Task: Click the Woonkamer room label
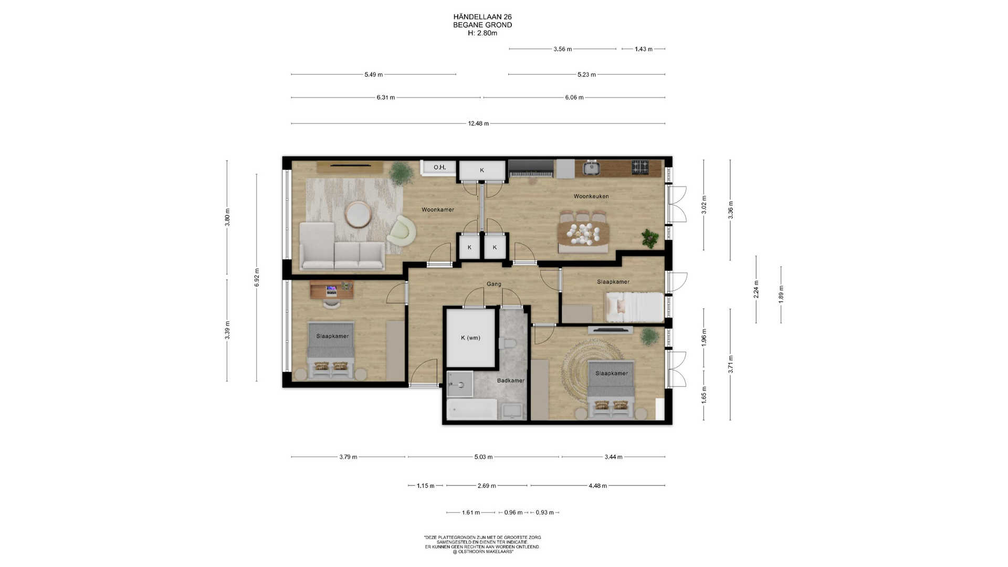point(438,209)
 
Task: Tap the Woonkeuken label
point(591,196)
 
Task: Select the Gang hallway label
point(493,284)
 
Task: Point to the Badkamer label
point(510,381)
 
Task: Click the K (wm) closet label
point(470,338)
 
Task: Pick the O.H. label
point(439,167)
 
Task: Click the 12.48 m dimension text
point(478,124)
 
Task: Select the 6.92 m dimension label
point(257,277)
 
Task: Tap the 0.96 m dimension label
point(513,512)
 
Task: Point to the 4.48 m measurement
point(597,486)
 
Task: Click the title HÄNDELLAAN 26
point(482,17)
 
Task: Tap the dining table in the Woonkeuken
point(583,233)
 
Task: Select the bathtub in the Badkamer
point(471,409)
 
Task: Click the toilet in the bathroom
point(508,343)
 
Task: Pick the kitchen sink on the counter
point(591,168)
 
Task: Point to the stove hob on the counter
point(640,167)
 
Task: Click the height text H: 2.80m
point(482,33)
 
